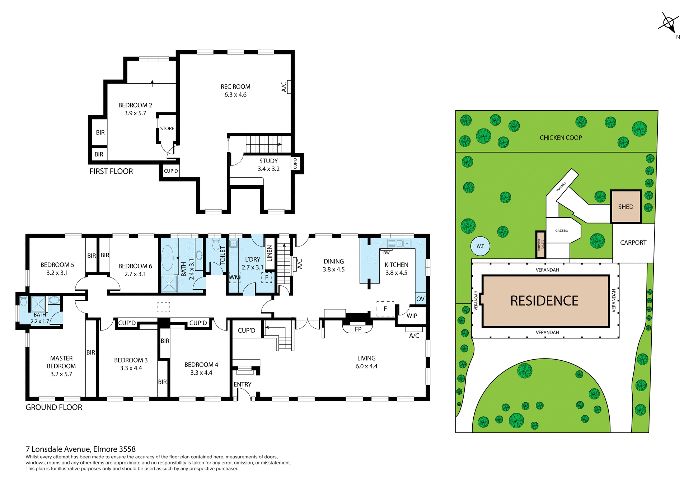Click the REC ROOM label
[235, 87]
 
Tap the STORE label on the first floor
[167, 128]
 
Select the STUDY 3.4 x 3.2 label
[268, 165]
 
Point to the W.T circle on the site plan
[480, 246]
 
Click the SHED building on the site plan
[626, 207]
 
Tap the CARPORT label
[633, 243]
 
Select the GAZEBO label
[562, 231]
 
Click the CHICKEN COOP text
[561, 138]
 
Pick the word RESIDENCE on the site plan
[544, 301]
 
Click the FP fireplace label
[358, 329]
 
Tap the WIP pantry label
[412, 316]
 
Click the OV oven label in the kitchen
[420, 299]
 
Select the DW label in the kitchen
[386, 253]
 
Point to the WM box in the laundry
[234, 277]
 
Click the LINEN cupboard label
[270, 253]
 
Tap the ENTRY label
[243, 384]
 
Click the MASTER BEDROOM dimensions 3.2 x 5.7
[61, 374]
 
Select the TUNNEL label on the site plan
[561, 186]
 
